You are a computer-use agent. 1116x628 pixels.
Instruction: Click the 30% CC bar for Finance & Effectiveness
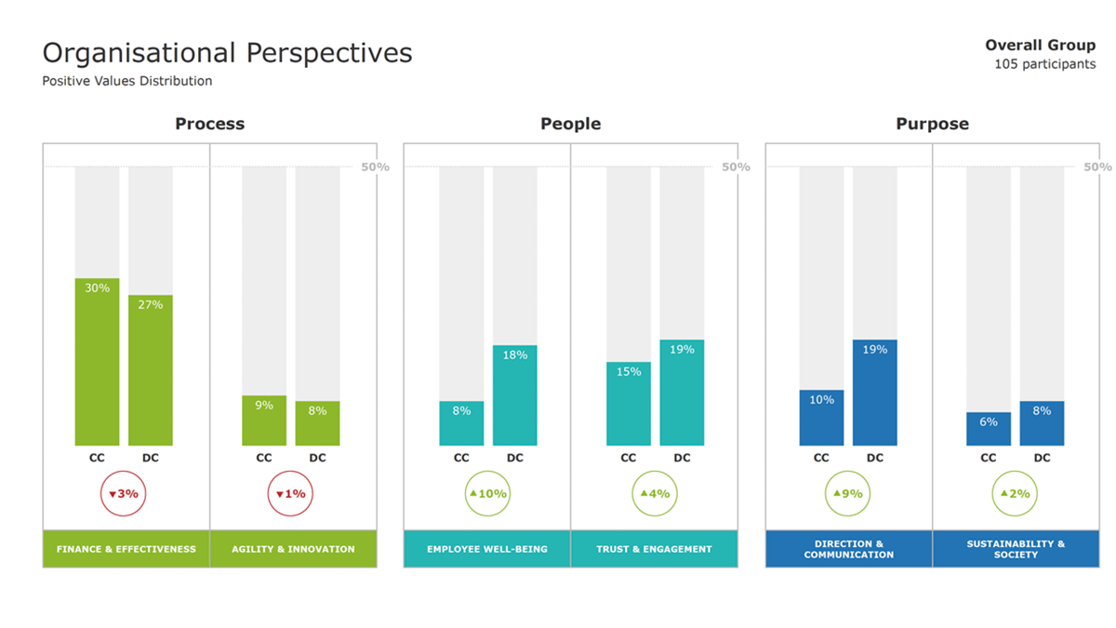98,362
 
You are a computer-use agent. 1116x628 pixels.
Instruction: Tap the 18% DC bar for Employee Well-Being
515,395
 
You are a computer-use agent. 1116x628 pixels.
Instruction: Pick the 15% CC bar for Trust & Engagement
629,404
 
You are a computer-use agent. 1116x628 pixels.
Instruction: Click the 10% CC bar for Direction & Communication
821,418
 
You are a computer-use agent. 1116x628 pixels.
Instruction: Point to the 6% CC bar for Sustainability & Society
989,429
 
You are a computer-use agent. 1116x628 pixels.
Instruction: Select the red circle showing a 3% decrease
124,494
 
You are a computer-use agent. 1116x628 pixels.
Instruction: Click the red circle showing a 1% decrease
291,494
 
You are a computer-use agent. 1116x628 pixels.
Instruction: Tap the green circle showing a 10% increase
488,494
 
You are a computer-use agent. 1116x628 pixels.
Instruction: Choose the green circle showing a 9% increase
848,494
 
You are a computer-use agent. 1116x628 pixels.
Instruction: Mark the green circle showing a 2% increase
1016,494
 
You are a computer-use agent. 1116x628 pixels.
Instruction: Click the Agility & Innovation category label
294,549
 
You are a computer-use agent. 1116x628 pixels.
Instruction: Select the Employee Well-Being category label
487,549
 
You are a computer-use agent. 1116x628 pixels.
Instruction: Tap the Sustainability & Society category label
1016,549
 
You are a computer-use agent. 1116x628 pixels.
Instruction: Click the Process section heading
210,124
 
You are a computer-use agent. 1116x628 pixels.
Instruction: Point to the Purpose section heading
932,124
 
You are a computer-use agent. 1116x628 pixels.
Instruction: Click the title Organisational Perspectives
228,53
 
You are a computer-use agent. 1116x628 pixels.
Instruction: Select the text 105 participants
1044,64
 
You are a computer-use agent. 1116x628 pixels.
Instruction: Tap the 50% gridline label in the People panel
736,167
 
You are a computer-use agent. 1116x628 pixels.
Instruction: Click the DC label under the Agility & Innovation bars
318,458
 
